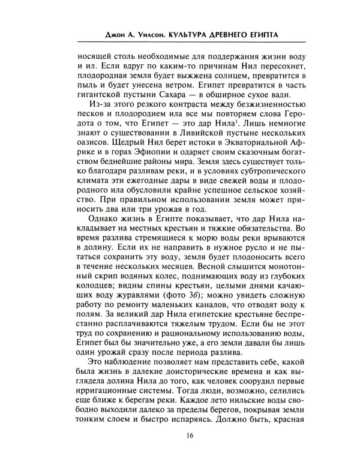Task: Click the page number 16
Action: [181, 434]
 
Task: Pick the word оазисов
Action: [97, 155]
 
